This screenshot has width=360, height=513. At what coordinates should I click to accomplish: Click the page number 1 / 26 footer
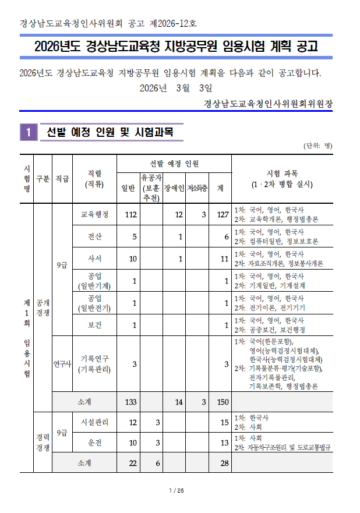[x=177, y=491]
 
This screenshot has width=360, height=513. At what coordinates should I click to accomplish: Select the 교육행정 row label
[x=94, y=214]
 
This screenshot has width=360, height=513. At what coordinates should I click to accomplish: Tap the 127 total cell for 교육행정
[x=221, y=214]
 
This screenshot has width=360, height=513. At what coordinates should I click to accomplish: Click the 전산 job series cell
[x=94, y=236]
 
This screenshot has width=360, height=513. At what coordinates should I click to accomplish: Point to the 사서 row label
[x=94, y=259]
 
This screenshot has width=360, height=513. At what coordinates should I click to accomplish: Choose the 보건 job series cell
[x=94, y=325]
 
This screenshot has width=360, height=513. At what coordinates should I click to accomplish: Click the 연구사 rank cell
[x=62, y=364]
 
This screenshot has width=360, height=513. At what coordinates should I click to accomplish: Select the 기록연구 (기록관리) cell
[x=94, y=364]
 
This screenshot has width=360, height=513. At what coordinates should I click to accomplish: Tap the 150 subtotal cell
[x=221, y=402]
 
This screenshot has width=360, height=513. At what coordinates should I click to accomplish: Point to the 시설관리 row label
[x=94, y=422]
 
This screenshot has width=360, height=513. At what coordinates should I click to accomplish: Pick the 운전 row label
[x=94, y=443]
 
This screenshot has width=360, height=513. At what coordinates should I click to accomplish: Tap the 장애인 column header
[x=174, y=188]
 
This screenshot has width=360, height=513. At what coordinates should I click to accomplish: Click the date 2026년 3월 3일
[x=177, y=88]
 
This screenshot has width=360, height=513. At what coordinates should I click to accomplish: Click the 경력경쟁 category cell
[x=43, y=443]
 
